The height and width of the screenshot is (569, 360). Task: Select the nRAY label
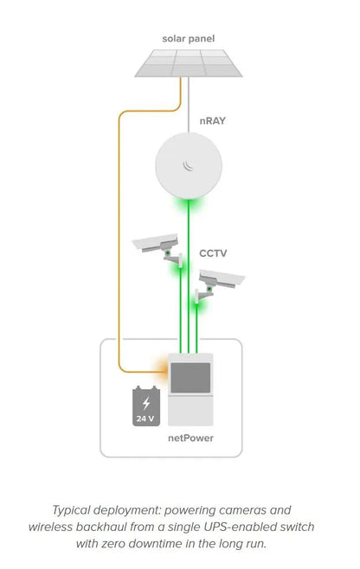[212, 121]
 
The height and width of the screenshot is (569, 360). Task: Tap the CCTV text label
[213, 253]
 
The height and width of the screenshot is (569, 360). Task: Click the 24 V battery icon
[145, 407]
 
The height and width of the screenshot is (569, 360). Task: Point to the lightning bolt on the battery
[145, 402]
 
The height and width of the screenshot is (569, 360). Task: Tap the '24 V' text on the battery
[145, 419]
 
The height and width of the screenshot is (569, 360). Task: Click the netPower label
[190, 439]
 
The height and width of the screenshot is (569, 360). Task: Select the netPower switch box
[190, 389]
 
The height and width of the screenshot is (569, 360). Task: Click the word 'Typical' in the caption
[73, 510]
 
